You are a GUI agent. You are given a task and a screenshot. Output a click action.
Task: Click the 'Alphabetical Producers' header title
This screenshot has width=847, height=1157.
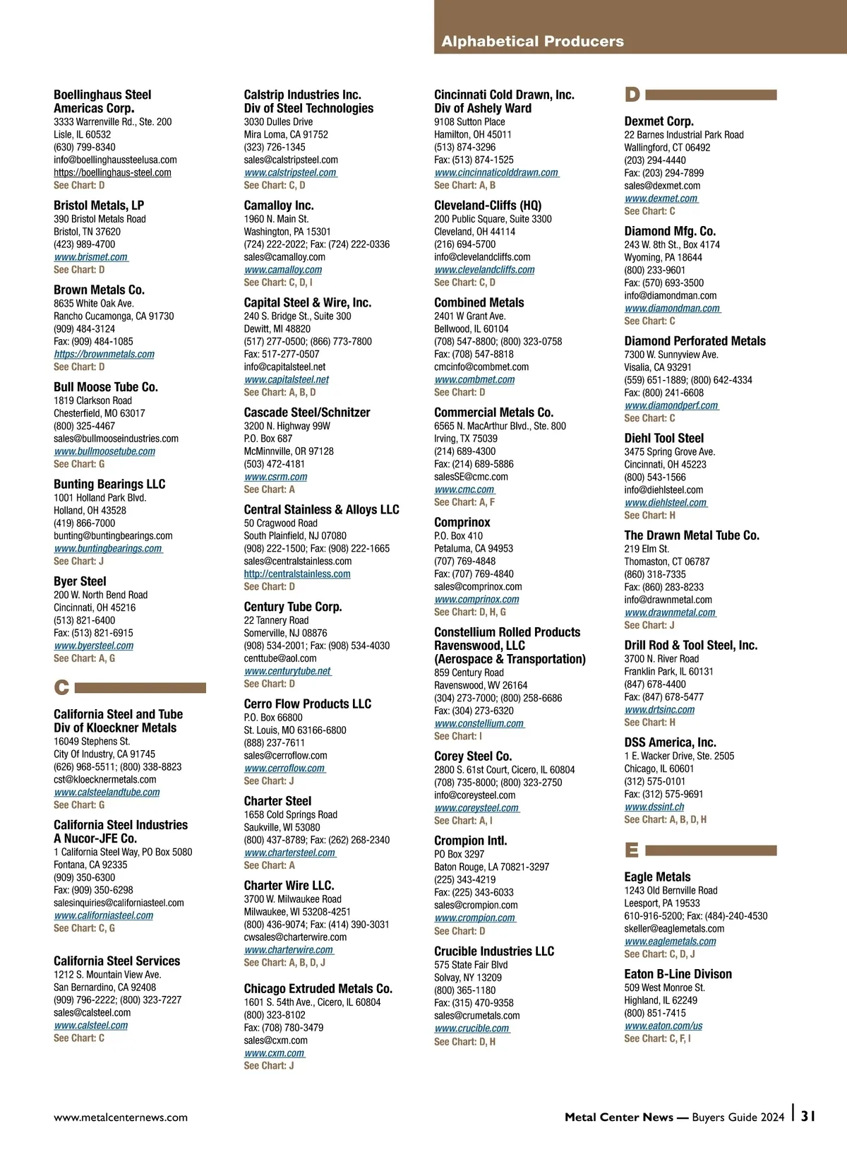click(x=532, y=41)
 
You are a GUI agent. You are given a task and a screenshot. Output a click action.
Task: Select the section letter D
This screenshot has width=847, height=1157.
click(x=632, y=95)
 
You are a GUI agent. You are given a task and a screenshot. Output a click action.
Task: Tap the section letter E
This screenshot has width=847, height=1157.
click(x=632, y=850)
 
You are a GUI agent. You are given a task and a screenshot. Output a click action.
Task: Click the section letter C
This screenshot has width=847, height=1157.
click(x=61, y=687)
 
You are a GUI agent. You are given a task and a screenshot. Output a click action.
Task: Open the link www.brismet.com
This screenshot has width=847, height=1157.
click(x=91, y=257)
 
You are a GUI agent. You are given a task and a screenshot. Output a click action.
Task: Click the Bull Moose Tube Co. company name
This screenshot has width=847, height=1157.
click(x=106, y=387)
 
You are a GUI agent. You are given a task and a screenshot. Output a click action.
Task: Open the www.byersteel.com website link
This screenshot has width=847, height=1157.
click(x=94, y=646)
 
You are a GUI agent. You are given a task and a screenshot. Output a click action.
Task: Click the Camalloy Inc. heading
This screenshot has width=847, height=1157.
click(x=279, y=206)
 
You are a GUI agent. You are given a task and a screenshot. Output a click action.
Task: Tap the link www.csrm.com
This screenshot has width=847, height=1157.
click(x=275, y=477)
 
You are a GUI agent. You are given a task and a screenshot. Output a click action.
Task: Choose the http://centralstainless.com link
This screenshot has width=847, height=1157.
click(x=297, y=574)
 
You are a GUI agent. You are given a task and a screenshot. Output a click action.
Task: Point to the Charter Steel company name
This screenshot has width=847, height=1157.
click(x=277, y=801)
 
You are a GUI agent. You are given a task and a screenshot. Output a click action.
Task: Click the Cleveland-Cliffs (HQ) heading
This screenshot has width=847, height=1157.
click(x=488, y=206)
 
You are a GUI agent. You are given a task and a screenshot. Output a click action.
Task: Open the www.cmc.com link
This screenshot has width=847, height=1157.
click(x=464, y=490)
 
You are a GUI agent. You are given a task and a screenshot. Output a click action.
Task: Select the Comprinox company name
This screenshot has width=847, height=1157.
click(x=462, y=523)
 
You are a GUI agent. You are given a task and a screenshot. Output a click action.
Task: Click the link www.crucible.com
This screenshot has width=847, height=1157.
click(x=471, y=1028)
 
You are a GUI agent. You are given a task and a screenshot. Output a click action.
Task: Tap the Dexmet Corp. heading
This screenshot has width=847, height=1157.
click(x=659, y=121)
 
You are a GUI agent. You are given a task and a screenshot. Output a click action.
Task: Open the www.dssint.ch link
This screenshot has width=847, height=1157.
click(x=654, y=807)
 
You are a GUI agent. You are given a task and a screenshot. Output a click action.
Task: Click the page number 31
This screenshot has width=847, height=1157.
click(x=808, y=1116)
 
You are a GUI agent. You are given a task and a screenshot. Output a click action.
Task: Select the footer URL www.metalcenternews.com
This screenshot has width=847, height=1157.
click(x=121, y=1117)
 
